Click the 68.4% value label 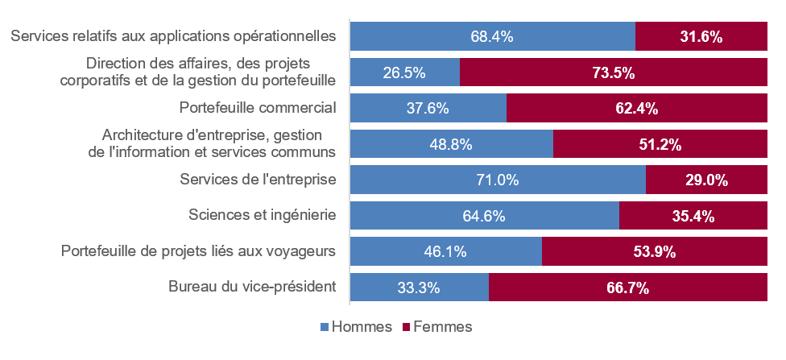coord(492,36)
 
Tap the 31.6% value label coord(701,36)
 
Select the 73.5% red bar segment coord(614,72)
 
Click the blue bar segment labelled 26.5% coord(405,72)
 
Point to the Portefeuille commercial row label coord(258,108)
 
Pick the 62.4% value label coord(637,108)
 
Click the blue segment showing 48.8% coord(452,144)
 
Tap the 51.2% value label coord(660,144)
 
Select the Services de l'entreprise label coord(259,180)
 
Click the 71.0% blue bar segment coord(498,180)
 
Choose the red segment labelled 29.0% coord(707,180)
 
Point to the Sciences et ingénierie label coord(263,215)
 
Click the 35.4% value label coord(693,216)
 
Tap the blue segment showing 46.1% coord(446,251)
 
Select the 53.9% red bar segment coord(655,251)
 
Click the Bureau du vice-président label coord(252,287)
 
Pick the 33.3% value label coord(419,288)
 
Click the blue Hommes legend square coord(325,328)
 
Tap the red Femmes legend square coord(406,328)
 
